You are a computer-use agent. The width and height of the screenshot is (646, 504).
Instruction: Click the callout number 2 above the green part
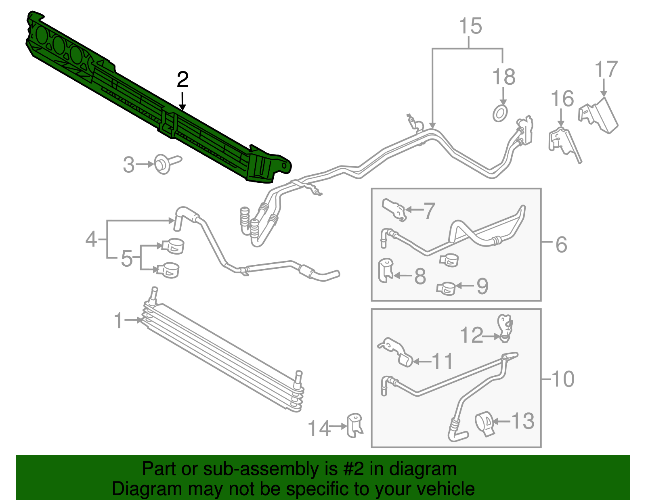click(x=182, y=80)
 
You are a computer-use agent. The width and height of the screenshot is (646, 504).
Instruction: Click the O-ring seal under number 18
click(x=500, y=113)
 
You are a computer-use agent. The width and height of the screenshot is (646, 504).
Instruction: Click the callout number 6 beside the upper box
click(x=561, y=245)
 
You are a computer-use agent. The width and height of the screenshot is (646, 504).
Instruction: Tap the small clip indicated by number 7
click(x=394, y=209)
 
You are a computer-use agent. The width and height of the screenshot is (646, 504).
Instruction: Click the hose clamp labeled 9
click(x=446, y=288)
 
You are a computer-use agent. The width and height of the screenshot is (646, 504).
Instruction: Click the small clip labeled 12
click(x=505, y=327)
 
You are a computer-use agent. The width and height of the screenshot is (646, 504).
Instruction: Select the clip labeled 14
click(x=354, y=425)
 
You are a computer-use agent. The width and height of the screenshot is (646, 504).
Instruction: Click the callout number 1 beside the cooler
click(x=118, y=320)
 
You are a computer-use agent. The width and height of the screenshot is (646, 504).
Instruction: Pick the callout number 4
click(x=91, y=239)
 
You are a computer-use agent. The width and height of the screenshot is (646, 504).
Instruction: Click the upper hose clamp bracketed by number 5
click(x=173, y=246)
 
